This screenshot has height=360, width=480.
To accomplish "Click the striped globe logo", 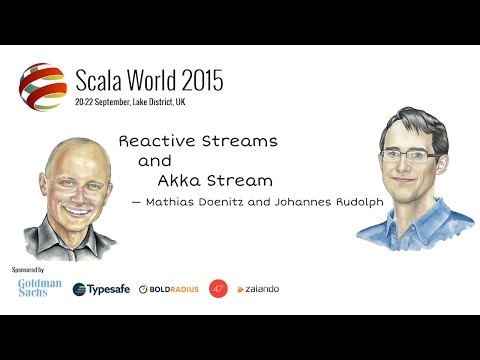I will click(43, 87).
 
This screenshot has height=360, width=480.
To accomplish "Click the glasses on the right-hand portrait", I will click(402, 156).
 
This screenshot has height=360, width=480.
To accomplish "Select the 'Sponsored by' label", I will click(33, 269).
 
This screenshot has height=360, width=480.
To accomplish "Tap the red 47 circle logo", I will click(218, 289).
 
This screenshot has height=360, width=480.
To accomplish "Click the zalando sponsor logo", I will click(257, 289).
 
